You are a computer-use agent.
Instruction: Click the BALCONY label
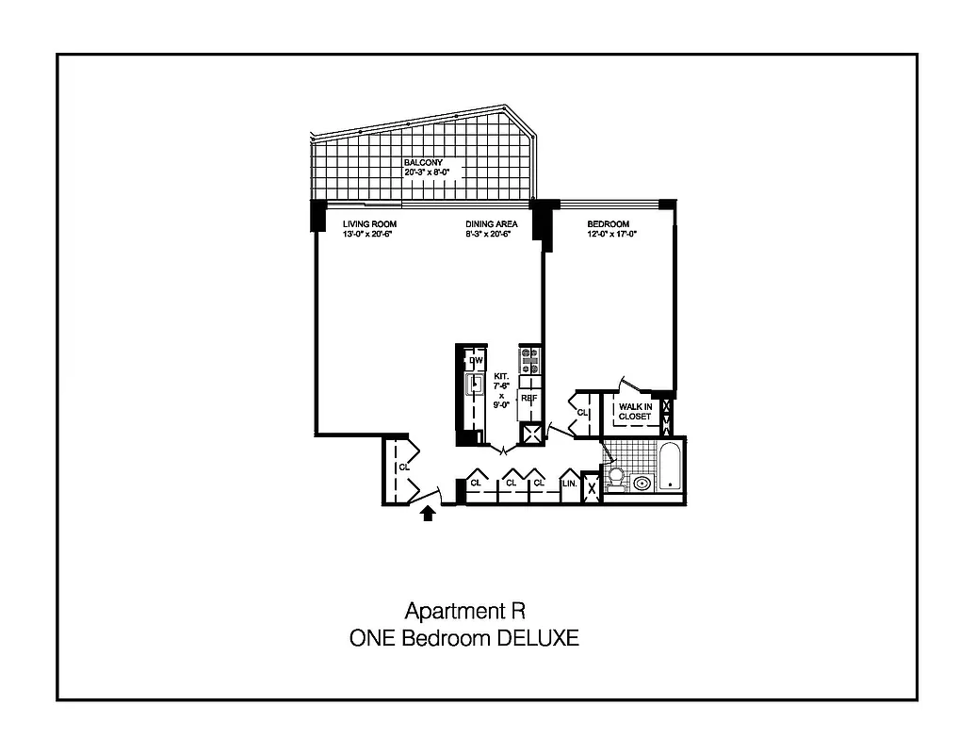(423, 162)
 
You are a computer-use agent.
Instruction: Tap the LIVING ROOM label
(368, 224)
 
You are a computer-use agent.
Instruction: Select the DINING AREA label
(491, 224)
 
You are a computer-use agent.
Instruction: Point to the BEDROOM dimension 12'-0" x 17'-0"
(612, 234)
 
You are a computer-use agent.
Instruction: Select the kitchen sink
(475, 384)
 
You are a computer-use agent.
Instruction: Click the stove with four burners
(529, 362)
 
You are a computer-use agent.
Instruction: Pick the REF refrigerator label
(529, 399)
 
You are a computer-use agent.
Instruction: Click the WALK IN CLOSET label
(634, 412)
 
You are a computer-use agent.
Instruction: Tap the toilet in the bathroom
(617, 478)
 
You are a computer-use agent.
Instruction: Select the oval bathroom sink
(642, 484)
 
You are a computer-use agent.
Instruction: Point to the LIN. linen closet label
(569, 484)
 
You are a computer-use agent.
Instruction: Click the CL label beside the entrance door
(404, 467)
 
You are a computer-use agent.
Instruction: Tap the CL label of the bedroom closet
(582, 413)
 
